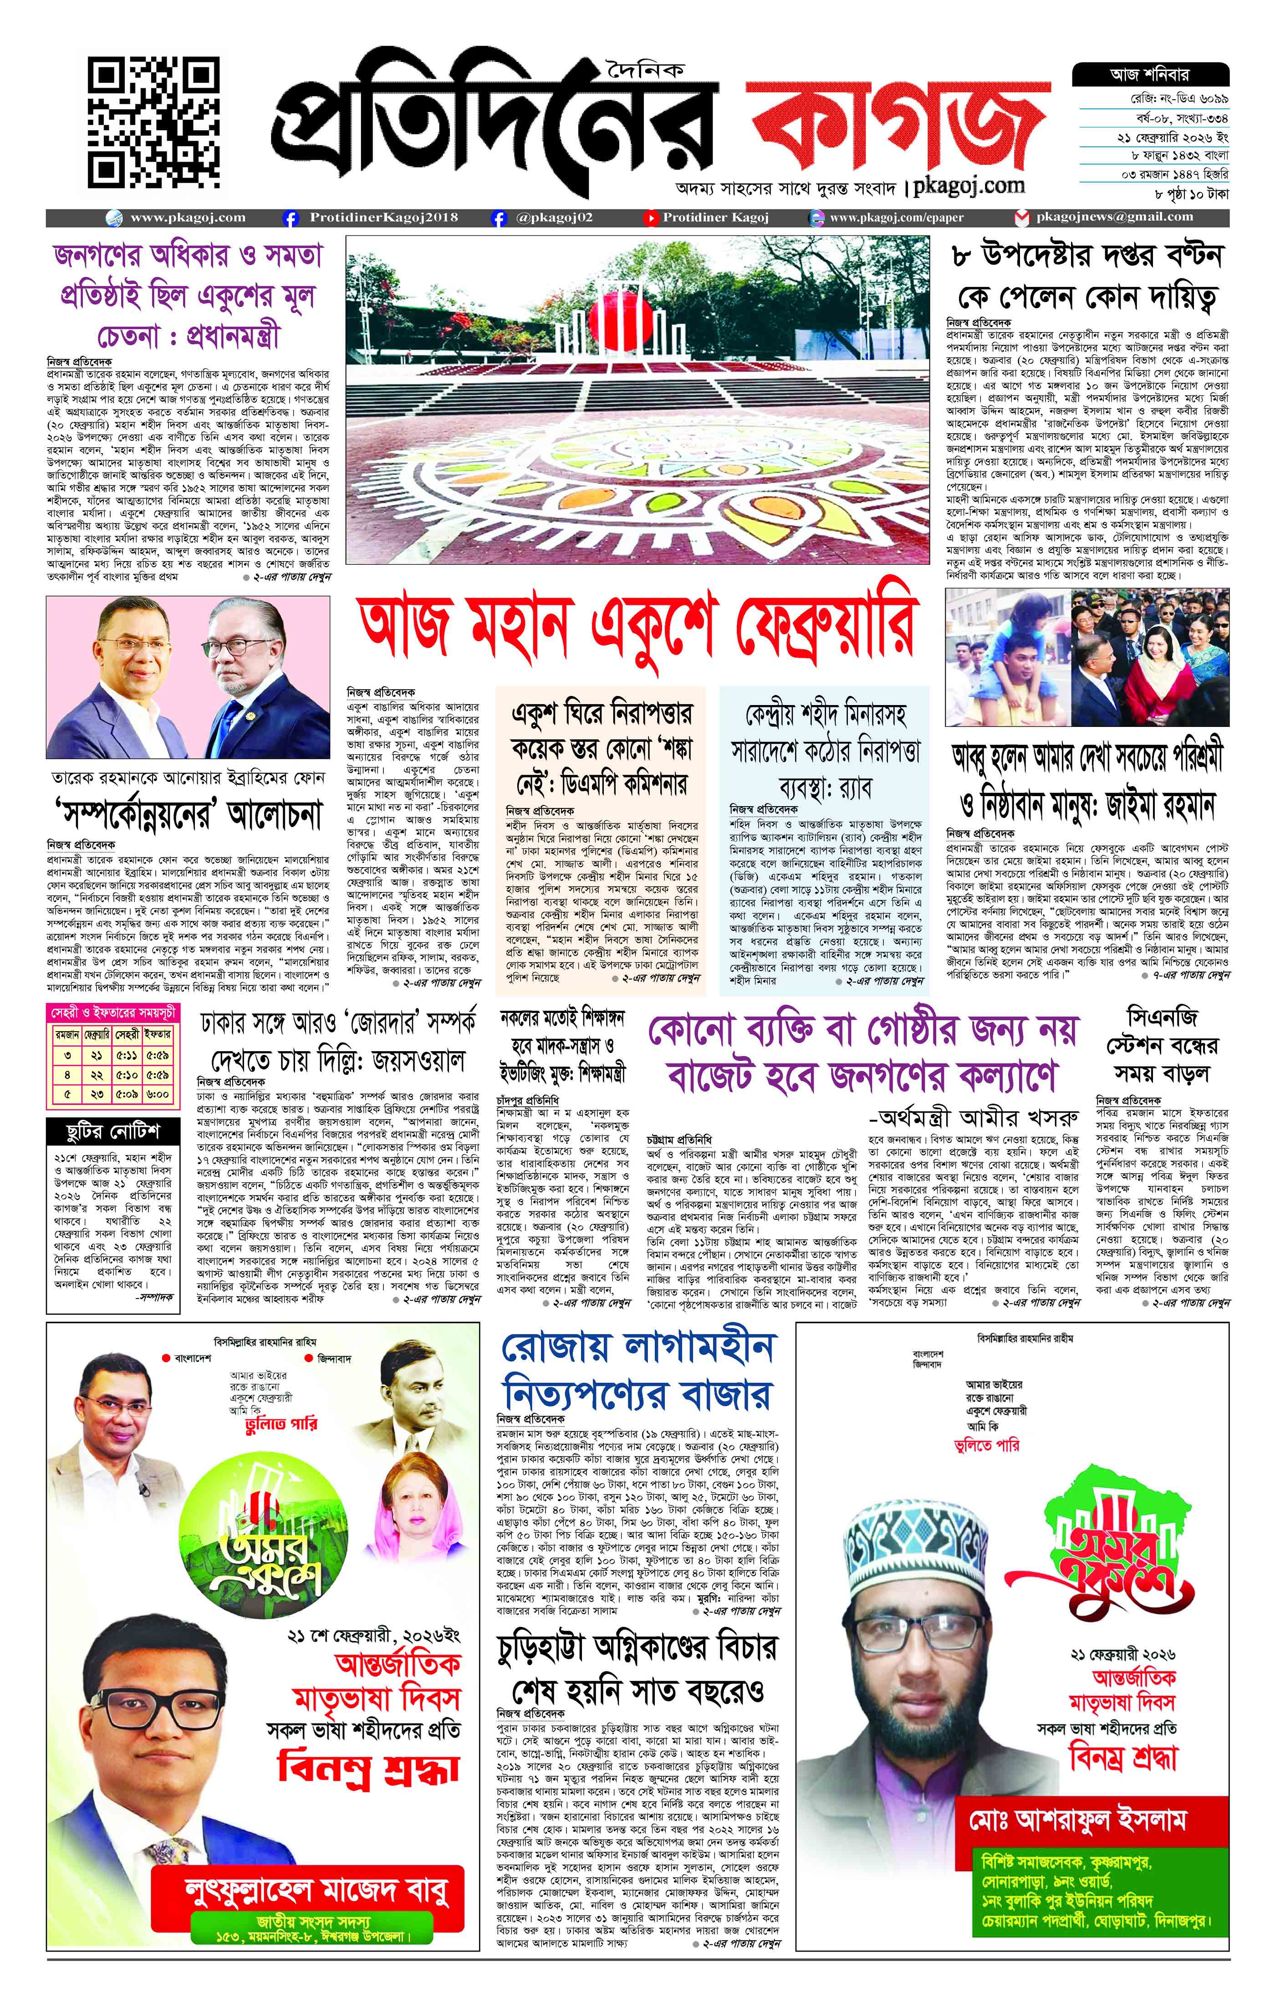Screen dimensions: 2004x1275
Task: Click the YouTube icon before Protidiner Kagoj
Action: pos(649,218)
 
